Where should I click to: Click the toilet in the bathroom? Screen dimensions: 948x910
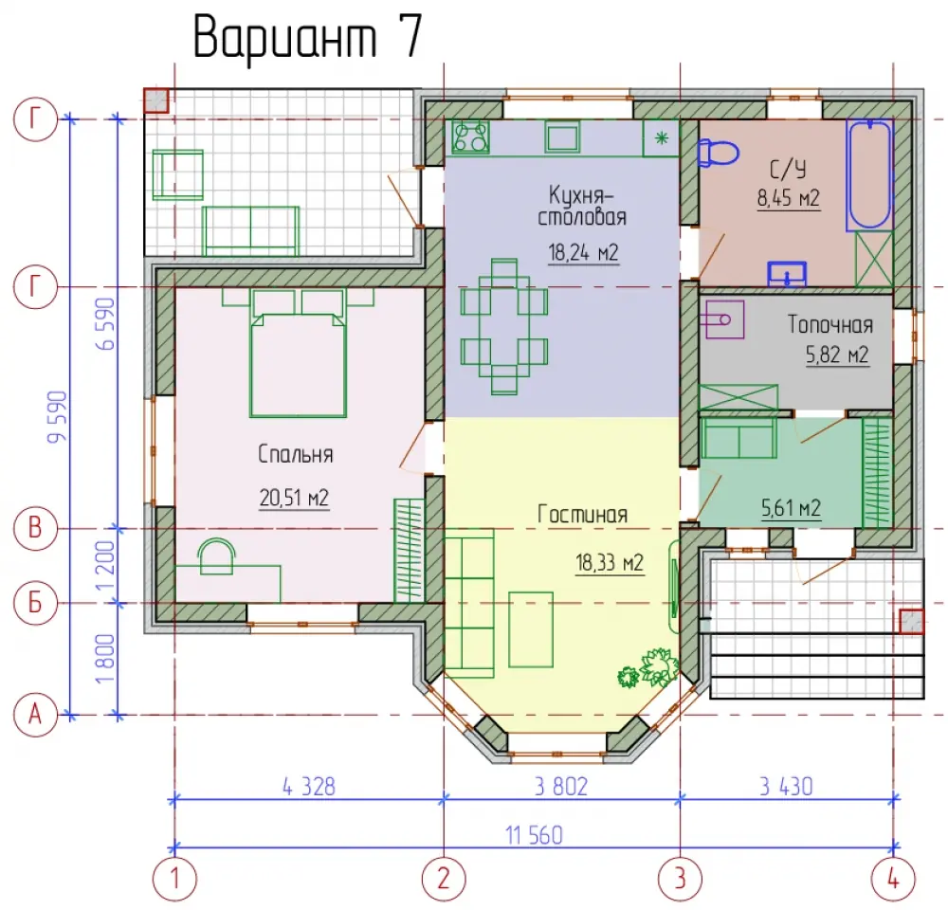coord(718,153)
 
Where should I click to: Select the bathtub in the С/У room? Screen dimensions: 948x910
coord(869,174)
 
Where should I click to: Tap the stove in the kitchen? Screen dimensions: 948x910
coord(470,136)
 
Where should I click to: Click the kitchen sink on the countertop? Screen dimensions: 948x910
coord(563,136)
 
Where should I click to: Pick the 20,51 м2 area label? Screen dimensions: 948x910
coord(295,499)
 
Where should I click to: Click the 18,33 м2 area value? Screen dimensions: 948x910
coord(610,563)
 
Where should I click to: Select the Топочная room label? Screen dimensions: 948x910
coord(830,325)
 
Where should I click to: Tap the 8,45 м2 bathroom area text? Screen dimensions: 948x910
coord(789,198)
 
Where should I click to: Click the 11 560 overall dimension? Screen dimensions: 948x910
coord(534,836)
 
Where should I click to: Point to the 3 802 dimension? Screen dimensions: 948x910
coord(561,787)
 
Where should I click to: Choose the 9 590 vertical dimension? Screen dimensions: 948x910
coord(58,416)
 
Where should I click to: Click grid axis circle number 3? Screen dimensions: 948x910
coord(680,879)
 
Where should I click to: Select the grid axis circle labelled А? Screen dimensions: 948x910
coord(35,716)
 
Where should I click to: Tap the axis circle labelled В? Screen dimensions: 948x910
coord(35,529)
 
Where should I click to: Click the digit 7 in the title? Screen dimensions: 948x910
coord(410,37)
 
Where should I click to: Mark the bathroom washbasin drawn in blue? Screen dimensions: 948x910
coord(787,273)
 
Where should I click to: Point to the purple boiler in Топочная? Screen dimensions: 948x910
coord(723,318)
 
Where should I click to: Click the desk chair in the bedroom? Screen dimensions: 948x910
coord(216,556)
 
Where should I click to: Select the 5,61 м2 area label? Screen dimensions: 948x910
coord(791,508)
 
